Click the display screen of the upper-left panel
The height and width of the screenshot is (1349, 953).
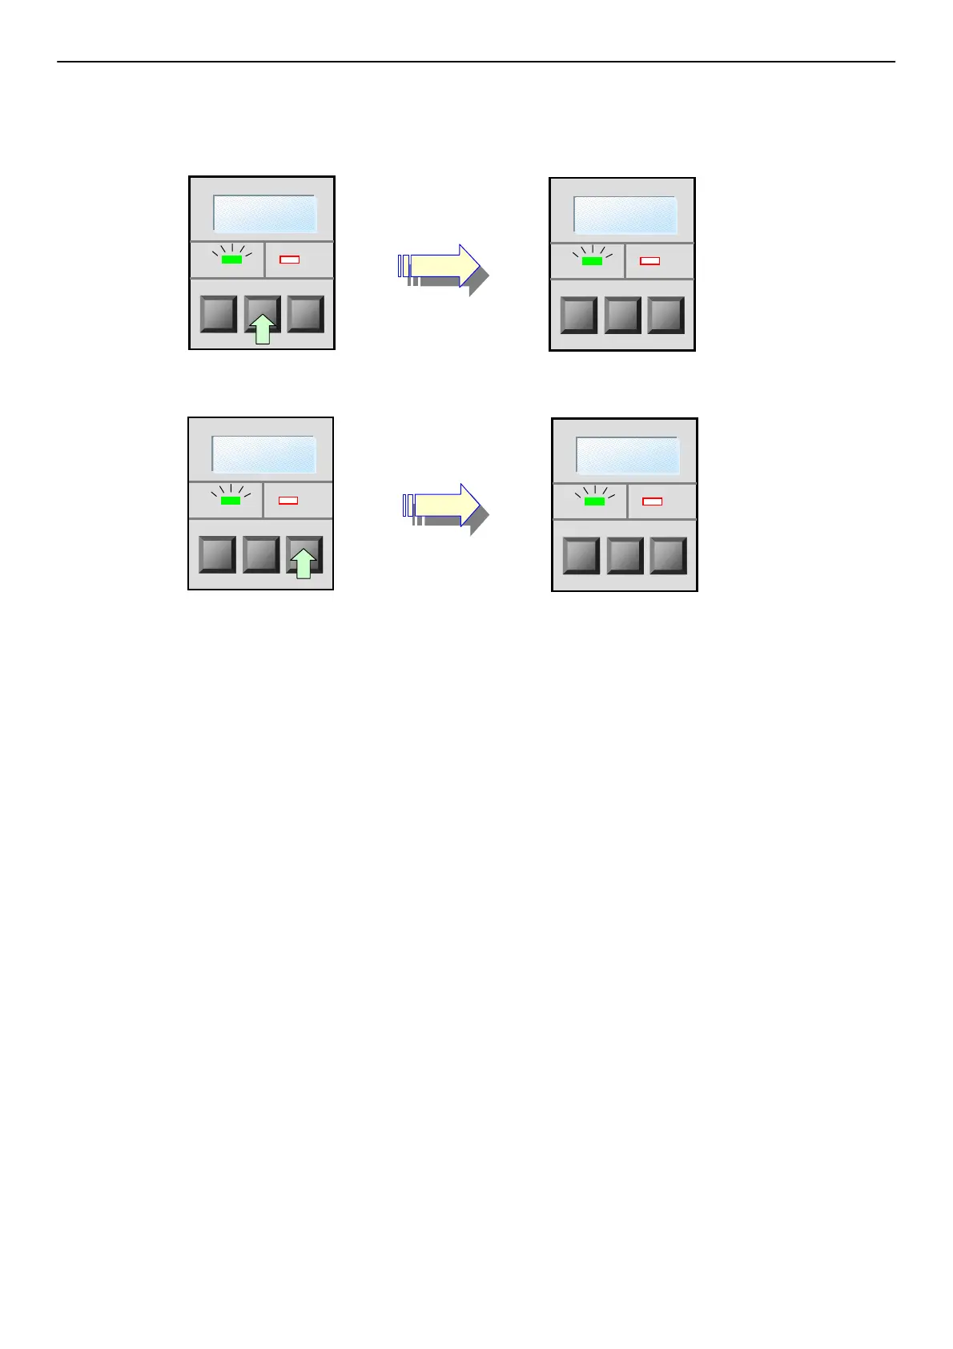[265, 214]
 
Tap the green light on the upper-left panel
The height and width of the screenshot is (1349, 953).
[231, 260]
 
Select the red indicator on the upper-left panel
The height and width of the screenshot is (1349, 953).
[289, 260]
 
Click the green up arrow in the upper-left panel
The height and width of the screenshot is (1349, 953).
[263, 329]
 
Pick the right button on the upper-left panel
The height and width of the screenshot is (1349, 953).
[305, 313]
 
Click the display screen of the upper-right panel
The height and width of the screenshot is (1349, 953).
[625, 215]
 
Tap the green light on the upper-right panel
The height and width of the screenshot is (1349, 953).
[592, 261]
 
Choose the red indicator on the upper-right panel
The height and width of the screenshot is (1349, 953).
[650, 261]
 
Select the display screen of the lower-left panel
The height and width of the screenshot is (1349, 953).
[263, 455]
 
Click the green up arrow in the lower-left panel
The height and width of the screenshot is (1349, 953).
[303, 563]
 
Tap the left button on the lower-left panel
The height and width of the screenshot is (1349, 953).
[217, 554]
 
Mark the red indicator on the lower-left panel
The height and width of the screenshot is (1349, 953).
[288, 501]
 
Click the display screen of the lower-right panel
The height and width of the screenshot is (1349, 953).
[628, 457]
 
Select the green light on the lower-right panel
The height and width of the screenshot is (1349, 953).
[594, 501]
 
